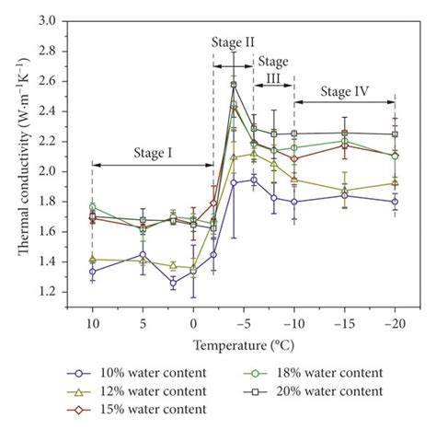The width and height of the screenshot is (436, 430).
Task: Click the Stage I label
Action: pyautogui.click(x=154, y=153)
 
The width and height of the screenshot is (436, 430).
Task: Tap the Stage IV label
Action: pyautogui.click(x=345, y=90)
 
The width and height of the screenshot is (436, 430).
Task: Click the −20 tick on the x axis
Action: pyautogui.click(x=395, y=323)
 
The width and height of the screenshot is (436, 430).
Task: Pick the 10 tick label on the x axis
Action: pyautogui.click(x=92, y=323)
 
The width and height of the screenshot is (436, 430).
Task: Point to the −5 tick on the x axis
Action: pyautogui.click(x=243, y=323)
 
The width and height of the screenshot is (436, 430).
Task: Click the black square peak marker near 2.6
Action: pyautogui.click(x=234, y=85)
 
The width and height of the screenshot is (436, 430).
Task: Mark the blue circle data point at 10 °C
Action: pyautogui.click(x=92, y=271)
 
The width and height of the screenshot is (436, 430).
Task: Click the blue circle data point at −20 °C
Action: pyautogui.click(x=395, y=201)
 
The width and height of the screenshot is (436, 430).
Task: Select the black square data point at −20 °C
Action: pyautogui.click(x=395, y=134)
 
